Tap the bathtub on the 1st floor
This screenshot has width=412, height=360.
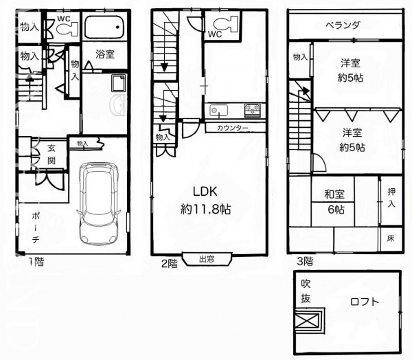pos(104,27)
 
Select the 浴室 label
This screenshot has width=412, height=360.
pos(105,54)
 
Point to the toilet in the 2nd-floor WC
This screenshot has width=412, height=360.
pos(225,24)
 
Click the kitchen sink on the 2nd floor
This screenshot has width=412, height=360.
pos(218,111)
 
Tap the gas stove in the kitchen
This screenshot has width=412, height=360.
pos(253,110)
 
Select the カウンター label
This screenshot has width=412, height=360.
pos(233,128)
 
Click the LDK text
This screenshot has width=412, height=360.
pos(205,192)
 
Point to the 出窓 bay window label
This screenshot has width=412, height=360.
pos(207,259)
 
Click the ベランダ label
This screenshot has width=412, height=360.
pos(343,25)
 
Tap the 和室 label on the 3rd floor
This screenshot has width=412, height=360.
pos(334,194)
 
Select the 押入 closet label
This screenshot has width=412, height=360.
pos(391,198)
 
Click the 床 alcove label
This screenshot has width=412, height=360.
pos(391,238)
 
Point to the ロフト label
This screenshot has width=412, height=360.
pos(365,302)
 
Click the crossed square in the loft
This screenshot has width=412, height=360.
pos(308,319)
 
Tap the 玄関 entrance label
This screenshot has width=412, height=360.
pos(51,155)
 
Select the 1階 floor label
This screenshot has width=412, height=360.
pos(36,262)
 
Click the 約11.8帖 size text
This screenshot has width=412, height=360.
pos(206,210)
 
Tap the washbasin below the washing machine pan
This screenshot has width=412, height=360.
pos(117,106)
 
